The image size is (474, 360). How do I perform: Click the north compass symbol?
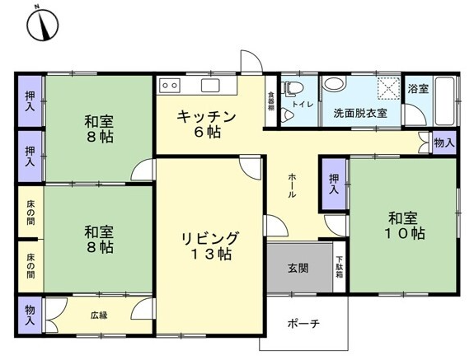[43, 25]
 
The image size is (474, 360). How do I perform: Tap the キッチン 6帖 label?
[206, 124]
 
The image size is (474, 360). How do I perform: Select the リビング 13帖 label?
[210, 245]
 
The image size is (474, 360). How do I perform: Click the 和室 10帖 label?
[404, 226]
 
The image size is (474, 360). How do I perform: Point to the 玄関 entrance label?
[298, 268]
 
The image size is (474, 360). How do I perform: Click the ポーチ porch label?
[303, 324]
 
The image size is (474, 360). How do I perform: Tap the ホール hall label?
[292, 185]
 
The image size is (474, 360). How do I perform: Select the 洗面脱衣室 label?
[360, 113]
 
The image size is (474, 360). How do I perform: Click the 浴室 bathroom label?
[418, 89]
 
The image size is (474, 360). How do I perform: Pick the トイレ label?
[303, 104]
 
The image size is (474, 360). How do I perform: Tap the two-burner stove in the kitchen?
[169, 86]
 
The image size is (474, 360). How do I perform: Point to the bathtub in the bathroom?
[444, 101]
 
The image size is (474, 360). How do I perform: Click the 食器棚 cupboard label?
[270, 101]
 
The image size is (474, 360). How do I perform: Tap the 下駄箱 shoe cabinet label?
[340, 267]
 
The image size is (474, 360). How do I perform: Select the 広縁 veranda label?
[99, 316]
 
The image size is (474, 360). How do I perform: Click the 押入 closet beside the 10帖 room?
[334, 184]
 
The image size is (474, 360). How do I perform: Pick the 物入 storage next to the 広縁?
[30, 316]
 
